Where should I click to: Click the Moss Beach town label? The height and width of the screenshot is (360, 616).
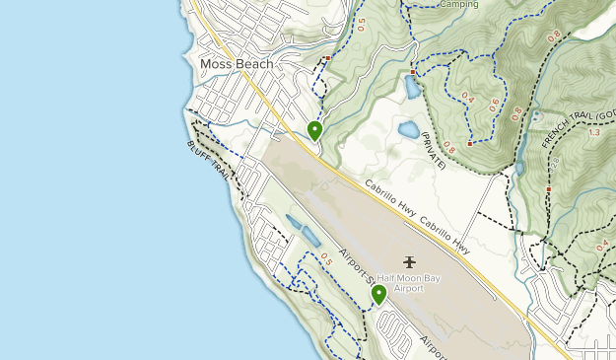(x=236, y=64)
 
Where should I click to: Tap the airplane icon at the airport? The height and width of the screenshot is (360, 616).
(x=410, y=261)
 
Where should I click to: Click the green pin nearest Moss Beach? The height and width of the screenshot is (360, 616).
(x=314, y=130)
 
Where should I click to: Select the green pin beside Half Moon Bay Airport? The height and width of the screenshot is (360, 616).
(x=378, y=294)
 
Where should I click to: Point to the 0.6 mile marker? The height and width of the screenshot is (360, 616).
(x=494, y=108)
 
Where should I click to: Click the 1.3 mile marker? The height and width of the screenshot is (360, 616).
(x=592, y=132)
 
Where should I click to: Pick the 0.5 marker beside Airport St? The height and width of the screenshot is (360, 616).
(x=327, y=258)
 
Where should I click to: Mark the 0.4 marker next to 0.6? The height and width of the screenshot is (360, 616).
(x=467, y=98)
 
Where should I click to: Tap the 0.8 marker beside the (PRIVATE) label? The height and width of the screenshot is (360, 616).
(x=449, y=147)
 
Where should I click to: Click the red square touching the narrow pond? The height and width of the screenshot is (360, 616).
(x=412, y=72)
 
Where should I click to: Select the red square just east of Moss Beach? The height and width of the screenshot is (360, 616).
(x=327, y=58)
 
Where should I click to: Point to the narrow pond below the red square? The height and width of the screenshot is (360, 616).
(x=411, y=87)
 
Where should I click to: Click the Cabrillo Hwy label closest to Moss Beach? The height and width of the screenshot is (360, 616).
(x=387, y=196)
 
